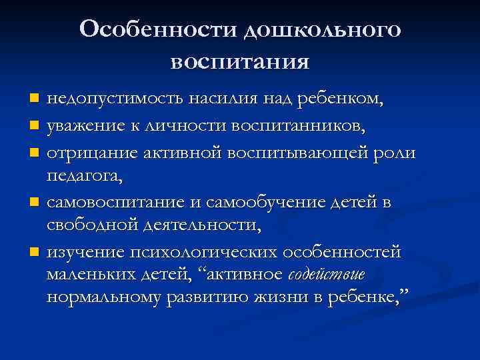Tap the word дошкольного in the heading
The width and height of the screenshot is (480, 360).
click(323, 30)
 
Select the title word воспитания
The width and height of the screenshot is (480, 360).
click(240, 62)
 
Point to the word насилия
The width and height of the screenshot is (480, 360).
click(223, 99)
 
